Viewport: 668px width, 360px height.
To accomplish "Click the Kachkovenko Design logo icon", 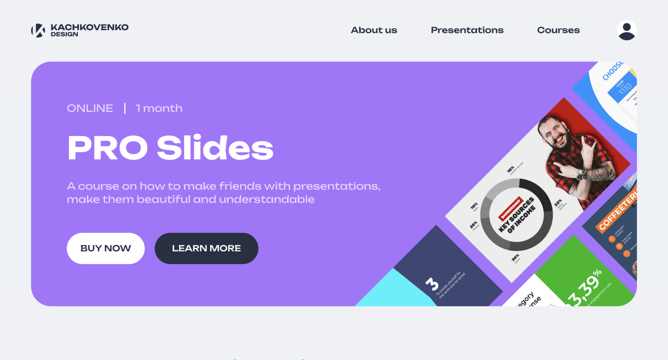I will click(38, 30).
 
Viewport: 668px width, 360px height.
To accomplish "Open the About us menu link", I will click(374, 30).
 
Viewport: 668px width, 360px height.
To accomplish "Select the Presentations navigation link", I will click(467, 30).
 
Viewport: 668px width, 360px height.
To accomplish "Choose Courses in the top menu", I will click(558, 30).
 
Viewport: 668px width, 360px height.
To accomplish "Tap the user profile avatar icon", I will click(626, 30).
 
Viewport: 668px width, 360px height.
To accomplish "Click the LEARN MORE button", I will click(206, 248).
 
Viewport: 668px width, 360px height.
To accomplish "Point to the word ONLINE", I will click(90, 108).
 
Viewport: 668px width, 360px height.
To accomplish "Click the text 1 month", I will click(159, 108).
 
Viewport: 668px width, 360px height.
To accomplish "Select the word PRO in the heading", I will click(107, 148).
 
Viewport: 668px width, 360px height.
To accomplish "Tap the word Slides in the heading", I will click(215, 148).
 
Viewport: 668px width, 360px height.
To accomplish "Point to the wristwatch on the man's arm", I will click(581, 174).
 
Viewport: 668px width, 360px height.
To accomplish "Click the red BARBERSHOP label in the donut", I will click(510, 208).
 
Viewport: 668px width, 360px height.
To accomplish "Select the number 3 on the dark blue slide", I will click(432, 284).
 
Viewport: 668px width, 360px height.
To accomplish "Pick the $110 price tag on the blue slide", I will click(624, 88).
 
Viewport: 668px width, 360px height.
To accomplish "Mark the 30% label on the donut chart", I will click(515, 258).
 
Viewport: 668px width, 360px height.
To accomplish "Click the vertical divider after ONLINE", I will click(125, 108).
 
